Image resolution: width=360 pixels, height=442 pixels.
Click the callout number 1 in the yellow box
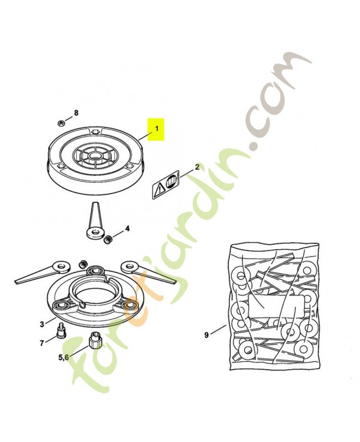coord(157,129)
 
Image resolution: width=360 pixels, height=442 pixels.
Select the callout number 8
coord(76,113)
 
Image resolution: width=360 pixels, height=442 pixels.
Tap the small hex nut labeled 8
coord(61,123)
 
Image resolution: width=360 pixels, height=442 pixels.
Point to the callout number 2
coord(197,167)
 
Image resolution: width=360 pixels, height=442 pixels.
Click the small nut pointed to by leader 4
coord(107,240)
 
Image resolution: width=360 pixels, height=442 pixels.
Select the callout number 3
coord(42,324)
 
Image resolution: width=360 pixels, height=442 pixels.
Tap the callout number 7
coord(42,343)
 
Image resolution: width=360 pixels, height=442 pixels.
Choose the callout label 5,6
coord(63,357)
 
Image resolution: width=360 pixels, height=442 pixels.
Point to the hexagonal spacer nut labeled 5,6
coord(95,340)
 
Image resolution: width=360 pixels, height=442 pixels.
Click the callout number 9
coord(207,335)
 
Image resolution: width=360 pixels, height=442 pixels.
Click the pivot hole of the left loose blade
coord(60,265)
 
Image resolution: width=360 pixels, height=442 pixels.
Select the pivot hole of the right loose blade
coord(130,266)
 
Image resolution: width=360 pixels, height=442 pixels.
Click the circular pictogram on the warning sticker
coord(171,181)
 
